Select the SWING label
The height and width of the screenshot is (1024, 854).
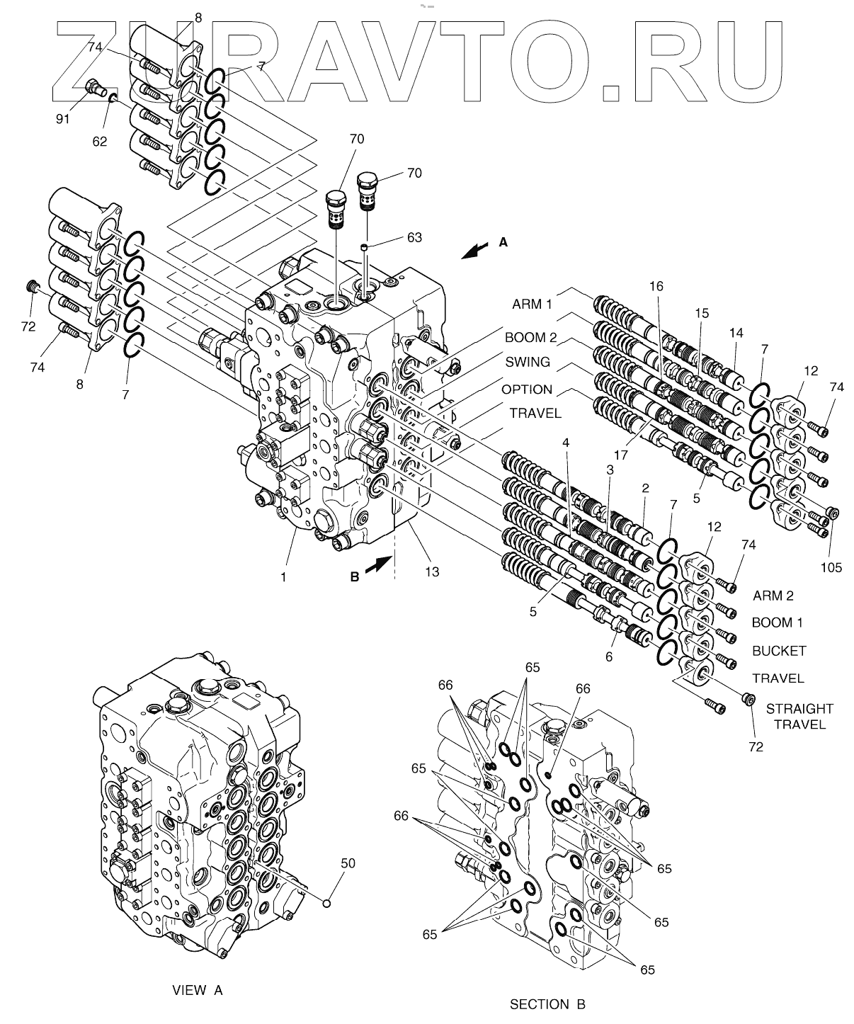[528, 362]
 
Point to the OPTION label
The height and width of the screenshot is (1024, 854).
[527, 389]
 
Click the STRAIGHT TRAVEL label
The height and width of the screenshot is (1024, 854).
[799, 716]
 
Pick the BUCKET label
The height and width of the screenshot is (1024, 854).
[779, 650]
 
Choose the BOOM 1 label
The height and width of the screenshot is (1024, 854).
[777, 622]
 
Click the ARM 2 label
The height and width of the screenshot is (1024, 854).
[773, 594]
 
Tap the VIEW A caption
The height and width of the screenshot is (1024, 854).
[198, 990]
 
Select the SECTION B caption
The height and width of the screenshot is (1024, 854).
[548, 1003]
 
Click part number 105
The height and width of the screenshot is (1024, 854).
[831, 567]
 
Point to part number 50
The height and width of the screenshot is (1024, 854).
[348, 863]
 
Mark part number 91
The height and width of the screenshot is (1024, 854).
[63, 119]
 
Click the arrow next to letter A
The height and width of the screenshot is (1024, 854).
[474, 250]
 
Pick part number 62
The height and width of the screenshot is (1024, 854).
[100, 141]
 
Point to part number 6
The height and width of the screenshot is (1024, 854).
[608, 656]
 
